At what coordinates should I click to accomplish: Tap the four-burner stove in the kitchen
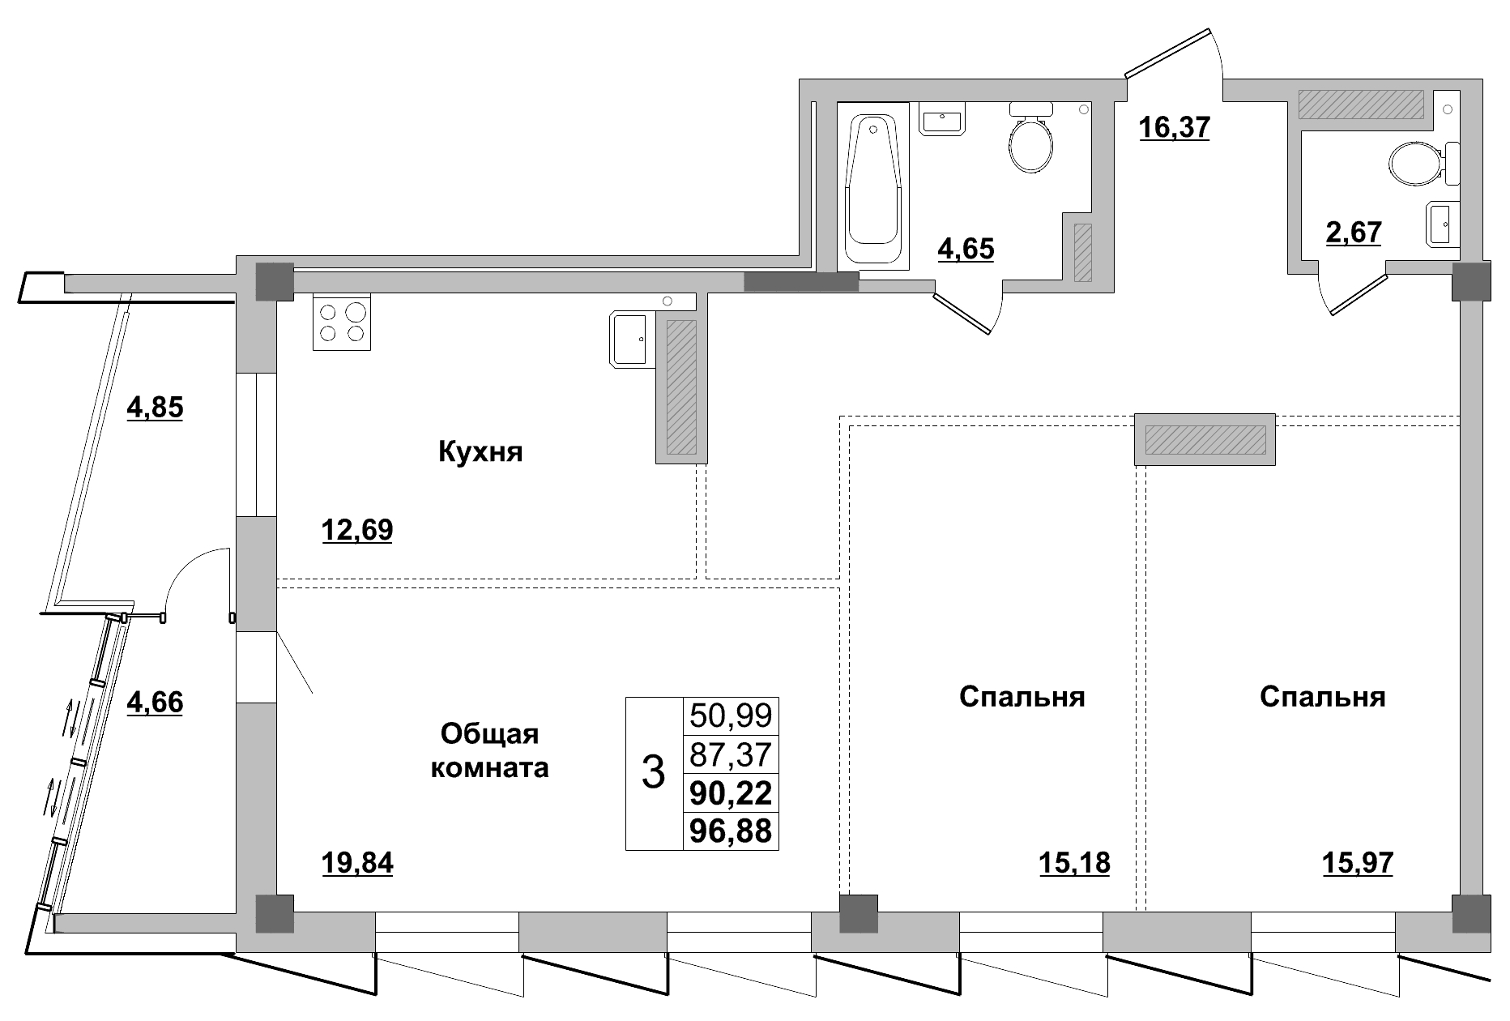pyautogui.click(x=342, y=323)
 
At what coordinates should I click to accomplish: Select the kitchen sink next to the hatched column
pyautogui.click(x=629, y=340)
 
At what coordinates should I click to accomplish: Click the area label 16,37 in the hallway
pyautogui.click(x=1174, y=127)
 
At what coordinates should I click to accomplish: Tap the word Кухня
pyautogui.click(x=480, y=451)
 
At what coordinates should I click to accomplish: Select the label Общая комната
pyautogui.click(x=489, y=750)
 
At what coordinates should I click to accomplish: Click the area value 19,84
pyautogui.click(x=357, y=864)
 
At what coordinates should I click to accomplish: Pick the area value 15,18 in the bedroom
pyautogui.click(x=1074, y=864)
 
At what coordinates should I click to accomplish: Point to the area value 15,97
pyautogui.click(x=1358, y=864)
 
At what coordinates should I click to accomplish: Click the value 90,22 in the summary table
pyautogui.click(x=731, y=793)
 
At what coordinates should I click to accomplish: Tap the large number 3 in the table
pyautogui.click(x=653, y=773)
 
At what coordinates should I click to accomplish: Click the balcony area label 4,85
pyautogui.click(x=155, y=407)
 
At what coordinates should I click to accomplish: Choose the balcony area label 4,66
pyautogui.click(x=155, y=702)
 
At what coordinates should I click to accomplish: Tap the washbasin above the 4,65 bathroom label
pyautogui.click(x=942, y=119)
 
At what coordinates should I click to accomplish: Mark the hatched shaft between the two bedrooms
pyautogui.click(x=1205, y=439)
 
